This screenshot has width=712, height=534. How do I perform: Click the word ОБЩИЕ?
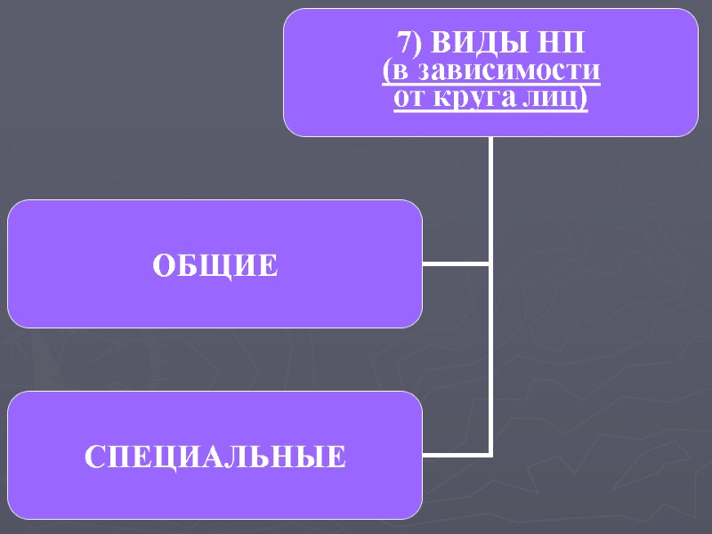215,265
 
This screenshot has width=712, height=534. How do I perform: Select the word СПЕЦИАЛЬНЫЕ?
215,457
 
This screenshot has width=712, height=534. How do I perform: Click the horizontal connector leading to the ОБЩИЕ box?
455,263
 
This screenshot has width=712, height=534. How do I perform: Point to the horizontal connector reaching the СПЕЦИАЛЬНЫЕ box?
455,455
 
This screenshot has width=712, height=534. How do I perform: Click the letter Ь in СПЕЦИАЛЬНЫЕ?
274,457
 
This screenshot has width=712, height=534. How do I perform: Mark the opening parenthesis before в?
385,71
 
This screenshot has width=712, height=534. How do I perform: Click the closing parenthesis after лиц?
583,98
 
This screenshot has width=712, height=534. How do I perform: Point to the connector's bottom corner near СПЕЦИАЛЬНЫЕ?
490,455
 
